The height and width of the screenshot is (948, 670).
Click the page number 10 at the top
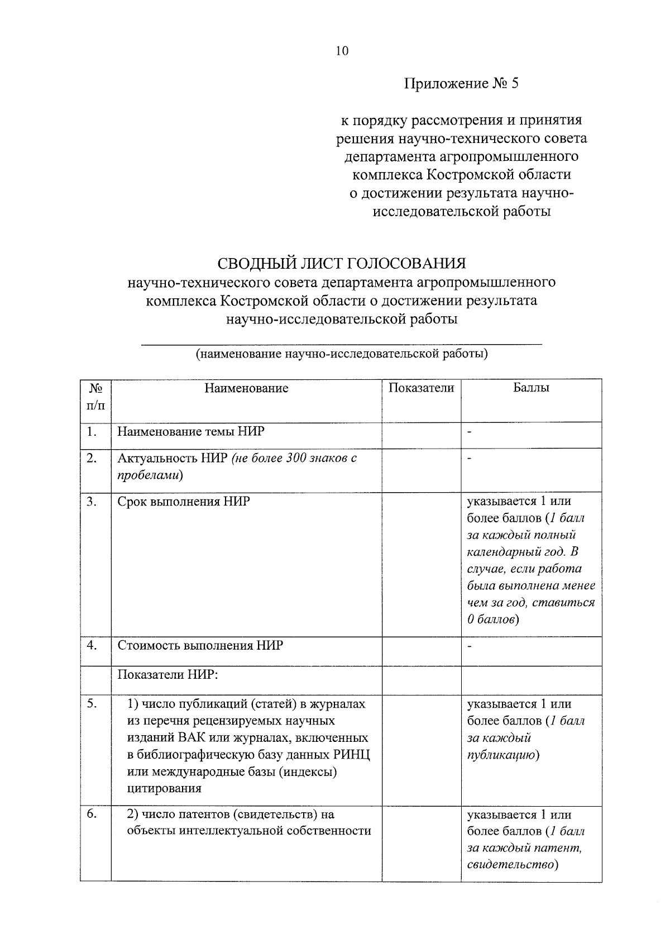(342, 51)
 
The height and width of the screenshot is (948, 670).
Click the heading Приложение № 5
(461, 84)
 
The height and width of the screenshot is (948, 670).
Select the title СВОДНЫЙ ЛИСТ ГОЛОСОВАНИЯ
(341, 263)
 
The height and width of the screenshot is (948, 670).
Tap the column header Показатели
(421, 388)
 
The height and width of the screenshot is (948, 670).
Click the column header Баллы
(531, 388)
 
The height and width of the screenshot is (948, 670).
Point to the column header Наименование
(246, 388)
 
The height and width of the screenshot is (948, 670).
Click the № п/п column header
(95, 396)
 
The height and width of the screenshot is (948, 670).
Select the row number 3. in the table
(92, 501)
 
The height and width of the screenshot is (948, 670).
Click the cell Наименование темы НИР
(191, 432)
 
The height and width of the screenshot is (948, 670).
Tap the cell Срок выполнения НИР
(184, 501)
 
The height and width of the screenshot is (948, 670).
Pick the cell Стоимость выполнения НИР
(200, 645)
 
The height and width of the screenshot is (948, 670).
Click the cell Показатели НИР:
(167, 674)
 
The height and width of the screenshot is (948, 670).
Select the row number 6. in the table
(92, 814)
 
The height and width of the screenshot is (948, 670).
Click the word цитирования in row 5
(164, 789)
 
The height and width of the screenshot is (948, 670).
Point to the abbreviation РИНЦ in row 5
(352, 755)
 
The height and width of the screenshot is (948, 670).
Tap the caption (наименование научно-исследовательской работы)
(341, 354)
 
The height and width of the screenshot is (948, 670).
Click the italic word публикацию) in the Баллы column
(502, 755)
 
